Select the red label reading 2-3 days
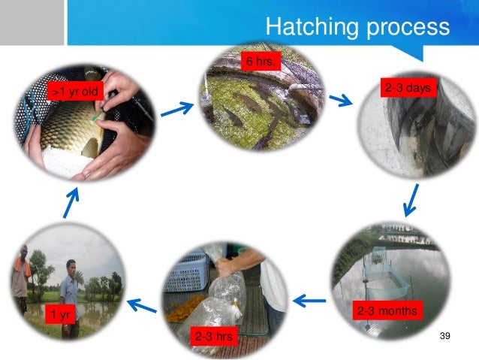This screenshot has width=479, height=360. [407, 89]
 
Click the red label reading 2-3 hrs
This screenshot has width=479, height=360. [212, 337]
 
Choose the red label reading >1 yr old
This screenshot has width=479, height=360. [74, 92]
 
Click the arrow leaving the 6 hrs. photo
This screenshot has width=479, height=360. [342, 101]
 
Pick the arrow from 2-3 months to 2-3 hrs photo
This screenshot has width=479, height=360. [309, 301]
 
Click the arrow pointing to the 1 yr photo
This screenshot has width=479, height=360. [142, 304]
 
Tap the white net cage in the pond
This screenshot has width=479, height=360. [387, 278]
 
